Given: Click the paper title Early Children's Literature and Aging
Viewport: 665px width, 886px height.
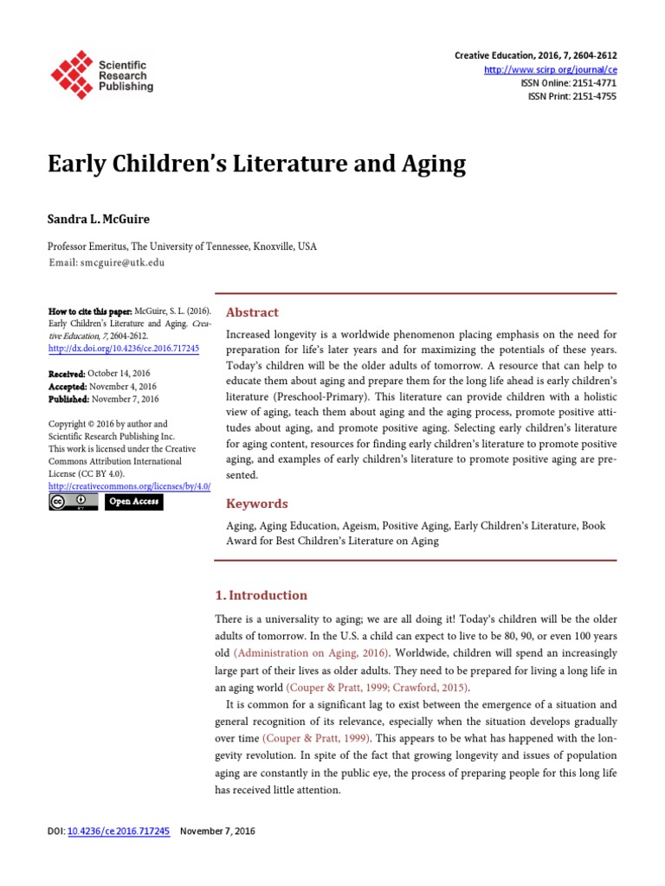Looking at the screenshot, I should (x=256, y=164).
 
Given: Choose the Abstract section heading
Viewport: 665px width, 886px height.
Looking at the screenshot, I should (x=252, y=312).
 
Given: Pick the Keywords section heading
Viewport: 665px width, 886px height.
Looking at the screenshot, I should (x=256, y=504).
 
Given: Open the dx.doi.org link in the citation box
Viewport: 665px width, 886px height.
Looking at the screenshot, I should (x=124, y=349).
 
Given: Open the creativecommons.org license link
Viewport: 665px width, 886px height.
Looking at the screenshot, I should (x=129, y=487).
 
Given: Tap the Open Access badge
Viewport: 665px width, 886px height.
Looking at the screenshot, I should (x=134, y=502).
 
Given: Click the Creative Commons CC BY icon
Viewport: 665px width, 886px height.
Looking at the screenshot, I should (x=74, y=502).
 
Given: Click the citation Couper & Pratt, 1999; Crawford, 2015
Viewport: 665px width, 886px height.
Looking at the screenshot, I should (x=378, y=688).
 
